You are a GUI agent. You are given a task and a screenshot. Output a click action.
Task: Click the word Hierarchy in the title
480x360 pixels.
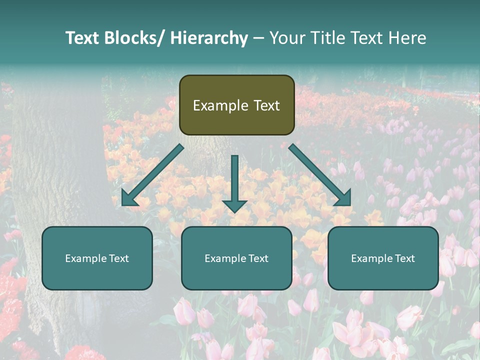209,38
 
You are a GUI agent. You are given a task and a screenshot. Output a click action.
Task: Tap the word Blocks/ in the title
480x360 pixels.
134,38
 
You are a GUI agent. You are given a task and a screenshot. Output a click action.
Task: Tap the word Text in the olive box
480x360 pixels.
266,105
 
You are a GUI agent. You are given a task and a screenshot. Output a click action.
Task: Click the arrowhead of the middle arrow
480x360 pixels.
234,205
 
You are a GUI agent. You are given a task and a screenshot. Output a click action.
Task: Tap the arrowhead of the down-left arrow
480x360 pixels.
128,198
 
